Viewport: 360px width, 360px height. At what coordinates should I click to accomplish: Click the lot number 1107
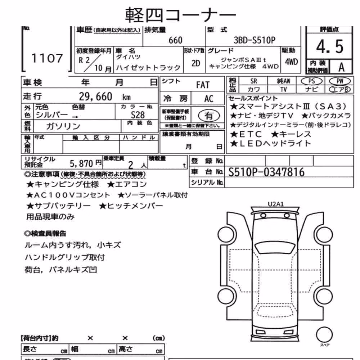coord(47,58)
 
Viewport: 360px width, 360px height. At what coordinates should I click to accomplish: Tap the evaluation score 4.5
coord(329,46)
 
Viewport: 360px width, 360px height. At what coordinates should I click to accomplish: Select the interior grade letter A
coord(341,67)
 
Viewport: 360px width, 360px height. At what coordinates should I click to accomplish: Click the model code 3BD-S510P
coord(255,40)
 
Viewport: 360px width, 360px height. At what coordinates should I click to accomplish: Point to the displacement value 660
coord(175,40)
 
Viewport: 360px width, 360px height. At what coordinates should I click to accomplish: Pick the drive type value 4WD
coord(291,62)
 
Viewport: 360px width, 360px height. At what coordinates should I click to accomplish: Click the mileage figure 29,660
coord(95,96)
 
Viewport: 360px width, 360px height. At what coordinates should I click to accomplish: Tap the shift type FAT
coord(203,85)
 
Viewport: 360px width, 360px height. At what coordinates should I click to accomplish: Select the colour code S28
coord(138,115)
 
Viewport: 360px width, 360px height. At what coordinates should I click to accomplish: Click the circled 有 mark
coord(209,116)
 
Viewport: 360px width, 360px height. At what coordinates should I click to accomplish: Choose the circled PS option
coord(311,81)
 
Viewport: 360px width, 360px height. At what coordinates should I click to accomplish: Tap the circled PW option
coord(340,81)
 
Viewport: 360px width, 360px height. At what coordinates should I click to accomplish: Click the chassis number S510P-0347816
coord(266,172)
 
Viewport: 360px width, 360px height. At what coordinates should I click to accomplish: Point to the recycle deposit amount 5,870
coord(81,163)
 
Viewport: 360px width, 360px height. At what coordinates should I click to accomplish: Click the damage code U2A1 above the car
coord(275,204)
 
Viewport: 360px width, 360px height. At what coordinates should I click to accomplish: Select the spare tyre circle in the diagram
coord(324,334)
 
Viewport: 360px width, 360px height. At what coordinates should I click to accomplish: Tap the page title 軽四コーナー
coord(180,15)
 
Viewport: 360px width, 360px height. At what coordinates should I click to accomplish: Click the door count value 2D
coord(196,63)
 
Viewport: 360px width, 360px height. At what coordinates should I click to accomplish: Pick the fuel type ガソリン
coord(63,126)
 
